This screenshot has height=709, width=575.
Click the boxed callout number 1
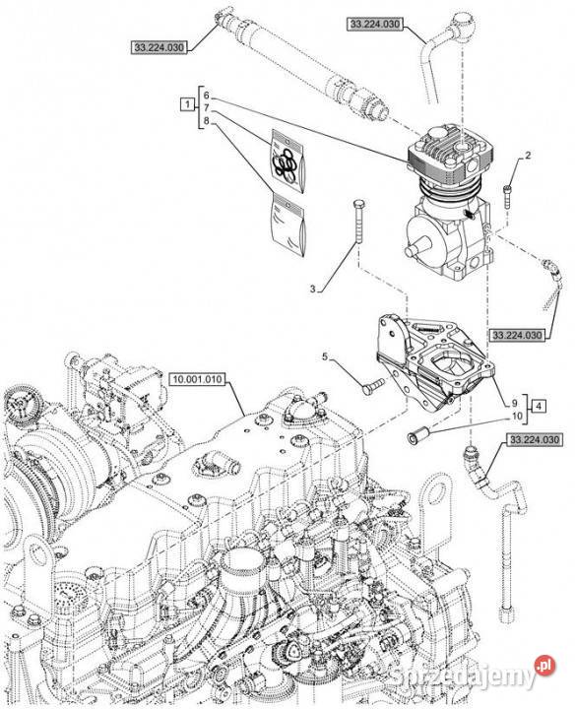coord(186,104)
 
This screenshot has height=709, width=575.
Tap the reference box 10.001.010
coord(198,379)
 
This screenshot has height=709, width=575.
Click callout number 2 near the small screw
coord(528,156)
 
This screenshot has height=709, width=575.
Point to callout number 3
coord(312,289)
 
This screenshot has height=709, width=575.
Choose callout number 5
coord(325,356)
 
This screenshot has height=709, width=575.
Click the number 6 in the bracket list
coord(206,96)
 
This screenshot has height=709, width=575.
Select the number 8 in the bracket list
coord(206,121)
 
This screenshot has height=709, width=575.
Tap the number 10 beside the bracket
coord(517,416)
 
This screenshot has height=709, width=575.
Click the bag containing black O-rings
coord(287,161)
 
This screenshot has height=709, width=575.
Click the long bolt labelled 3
coord(359,221)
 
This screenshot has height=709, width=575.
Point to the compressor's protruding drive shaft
coord(415,249)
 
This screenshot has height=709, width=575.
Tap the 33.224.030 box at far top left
coord(160,47)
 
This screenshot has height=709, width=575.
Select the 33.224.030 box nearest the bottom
coord(535,439)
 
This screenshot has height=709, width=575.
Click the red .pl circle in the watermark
coord(544,666)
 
